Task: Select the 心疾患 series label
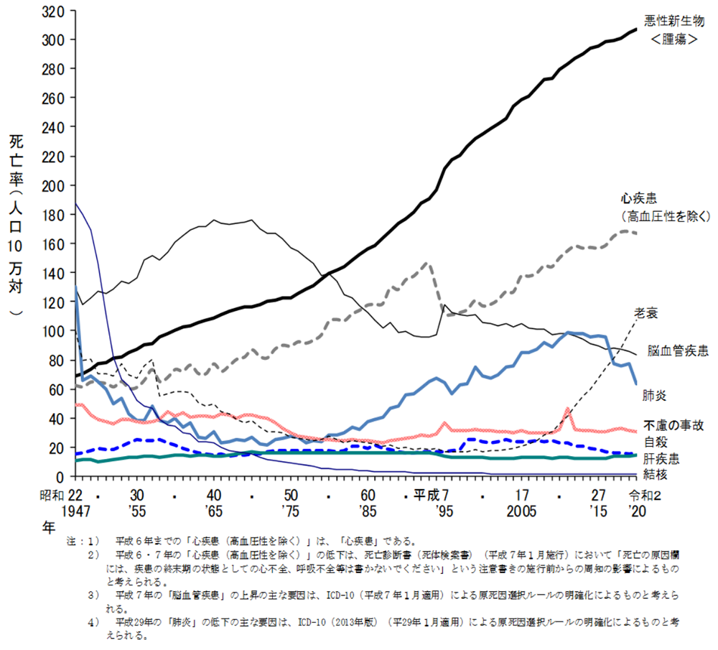(x=641, y=198)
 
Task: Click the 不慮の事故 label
(x=676, y=425)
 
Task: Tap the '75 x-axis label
(x=291, y=511)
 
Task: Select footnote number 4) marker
(x=93, y=623)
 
